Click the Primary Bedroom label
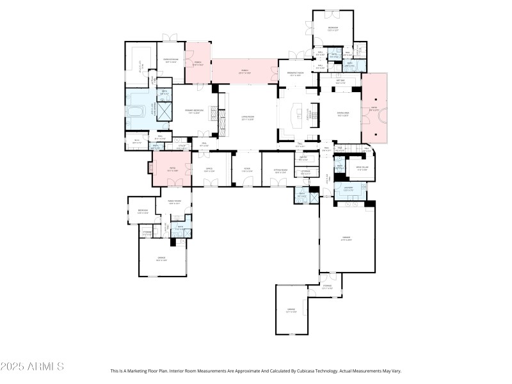[x=198, y=111]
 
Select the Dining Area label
[x=343, y=115]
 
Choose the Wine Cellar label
[x=362, y=168]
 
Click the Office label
[x=208, y=170]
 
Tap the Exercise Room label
[x=170, y=61]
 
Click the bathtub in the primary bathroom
[x=135, y=115]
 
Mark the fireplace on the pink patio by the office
[x=151, y=169]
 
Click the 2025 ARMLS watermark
[x=32, y=367]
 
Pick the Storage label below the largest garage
[x=327, y=287]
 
